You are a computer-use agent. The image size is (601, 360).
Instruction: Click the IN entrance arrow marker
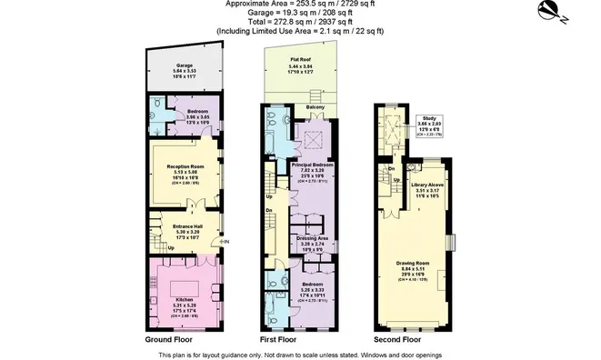225,242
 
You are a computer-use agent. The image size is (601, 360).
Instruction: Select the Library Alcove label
426,185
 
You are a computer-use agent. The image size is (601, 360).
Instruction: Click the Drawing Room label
413,265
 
